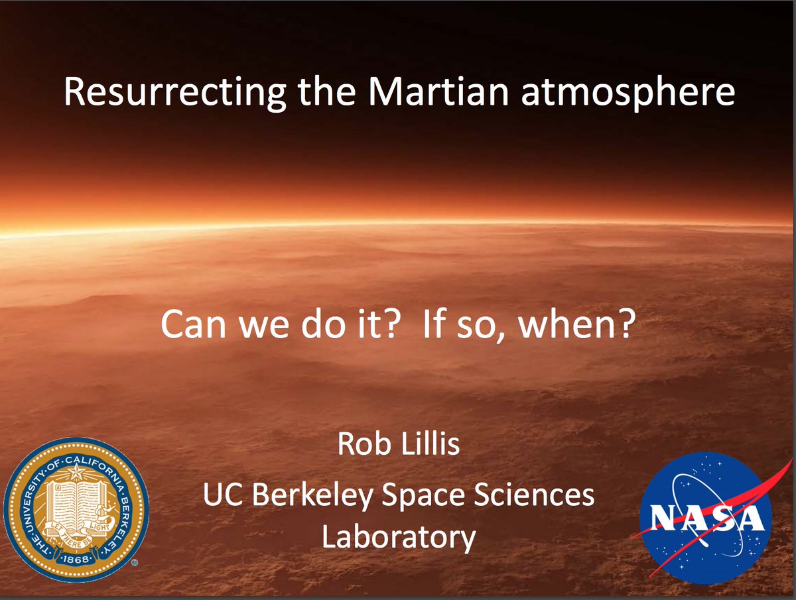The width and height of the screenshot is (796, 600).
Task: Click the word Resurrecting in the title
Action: click(x=175, y=92)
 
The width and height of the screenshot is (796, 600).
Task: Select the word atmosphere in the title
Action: click(x=628, y=93)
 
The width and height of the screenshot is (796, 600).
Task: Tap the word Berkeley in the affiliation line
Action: click(x=312, y=496)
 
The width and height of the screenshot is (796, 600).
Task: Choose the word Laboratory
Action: click(x=399, y=538)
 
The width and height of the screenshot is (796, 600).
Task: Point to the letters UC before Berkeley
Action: click(x=223, y=495)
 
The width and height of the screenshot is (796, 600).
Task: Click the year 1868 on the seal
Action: click(x=76, y=559)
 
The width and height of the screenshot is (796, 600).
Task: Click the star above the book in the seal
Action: click(x=76, y=472)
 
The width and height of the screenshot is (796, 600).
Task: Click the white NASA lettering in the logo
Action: click(x=706, y=517)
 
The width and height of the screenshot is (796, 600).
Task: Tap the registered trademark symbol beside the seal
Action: click(x=135, y=562)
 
